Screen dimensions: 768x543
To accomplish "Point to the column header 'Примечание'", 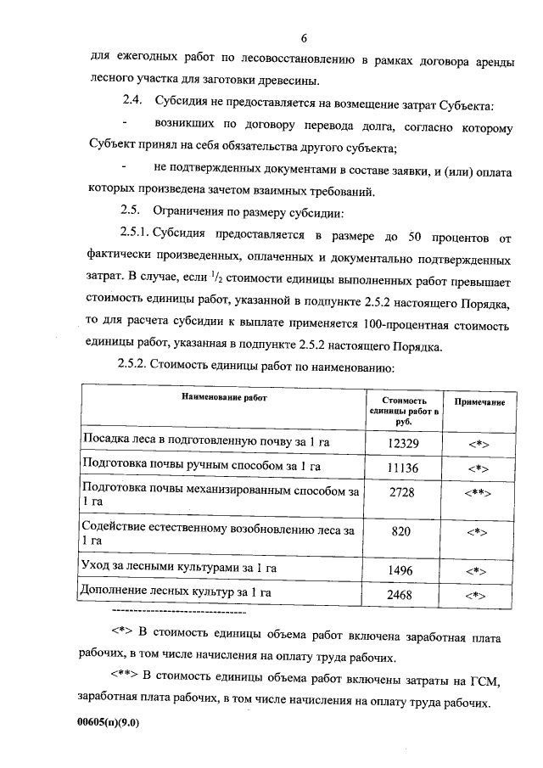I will [480, 401].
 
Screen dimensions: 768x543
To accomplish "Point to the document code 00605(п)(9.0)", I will [107, 723].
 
